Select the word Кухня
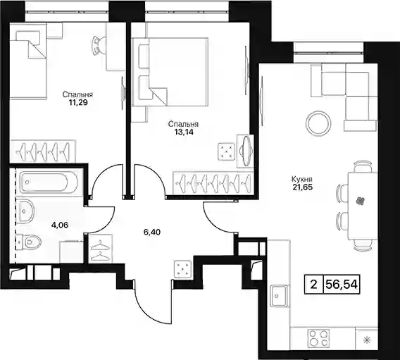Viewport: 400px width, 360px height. tap(302, 180)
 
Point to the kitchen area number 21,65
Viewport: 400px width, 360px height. tap(303, 187)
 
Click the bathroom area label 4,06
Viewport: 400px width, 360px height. tap(60, 225)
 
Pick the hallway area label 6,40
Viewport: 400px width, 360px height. tap(152, 232)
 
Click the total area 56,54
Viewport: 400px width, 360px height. tap(342, 284)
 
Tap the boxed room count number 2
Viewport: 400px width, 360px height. tap(314, 284)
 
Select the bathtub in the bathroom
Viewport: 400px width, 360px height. tap(49, 182)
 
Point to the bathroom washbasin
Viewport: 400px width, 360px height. tap(26, 211)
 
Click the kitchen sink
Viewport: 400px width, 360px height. tap(279, 295)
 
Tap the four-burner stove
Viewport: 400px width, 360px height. tap(318, 338)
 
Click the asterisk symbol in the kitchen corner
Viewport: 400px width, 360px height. tap(367, 340)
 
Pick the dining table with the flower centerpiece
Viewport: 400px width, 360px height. tap(363, 206)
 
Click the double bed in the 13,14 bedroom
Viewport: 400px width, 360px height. tap(170, 72)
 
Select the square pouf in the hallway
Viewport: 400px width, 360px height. tap(182, 269)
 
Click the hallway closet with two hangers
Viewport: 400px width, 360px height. tap(100, 249)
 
